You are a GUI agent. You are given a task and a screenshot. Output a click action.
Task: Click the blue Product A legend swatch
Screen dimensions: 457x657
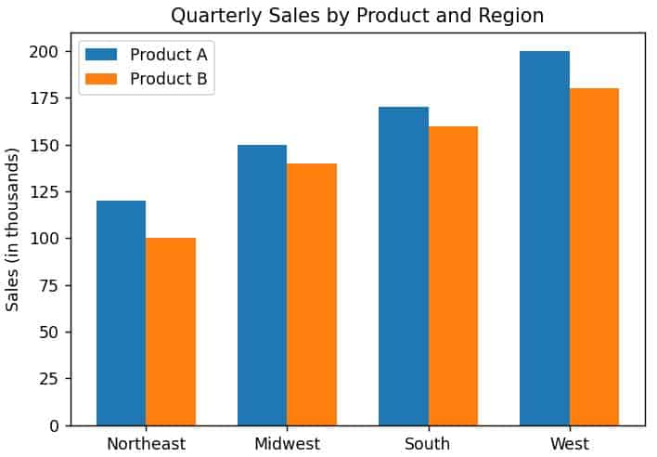101,54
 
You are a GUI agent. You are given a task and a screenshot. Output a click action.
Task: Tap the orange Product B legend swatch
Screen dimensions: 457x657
101,79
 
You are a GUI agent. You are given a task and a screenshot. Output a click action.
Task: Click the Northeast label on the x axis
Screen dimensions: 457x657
146,444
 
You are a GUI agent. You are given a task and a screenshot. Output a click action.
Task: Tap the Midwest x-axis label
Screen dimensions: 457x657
287,444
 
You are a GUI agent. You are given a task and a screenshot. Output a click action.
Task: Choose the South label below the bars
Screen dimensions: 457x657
428,444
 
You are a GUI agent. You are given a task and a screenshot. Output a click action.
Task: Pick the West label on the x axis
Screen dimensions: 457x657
569,444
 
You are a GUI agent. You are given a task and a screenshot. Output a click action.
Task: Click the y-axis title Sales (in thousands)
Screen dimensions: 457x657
13,228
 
